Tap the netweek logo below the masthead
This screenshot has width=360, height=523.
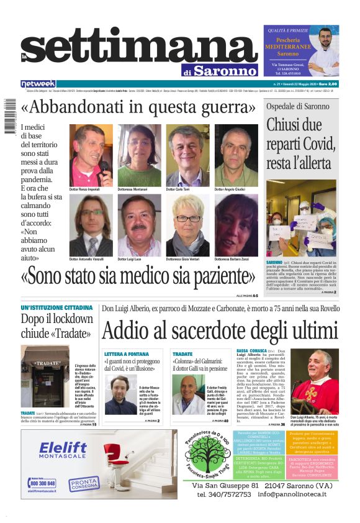coord(38,84)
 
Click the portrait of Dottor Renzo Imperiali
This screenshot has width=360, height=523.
coord(91,155)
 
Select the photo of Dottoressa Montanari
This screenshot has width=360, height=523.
coord(140,155)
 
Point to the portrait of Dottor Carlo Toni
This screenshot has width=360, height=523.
coord(187,155)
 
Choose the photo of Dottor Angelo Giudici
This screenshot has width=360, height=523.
coord(236,155)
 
